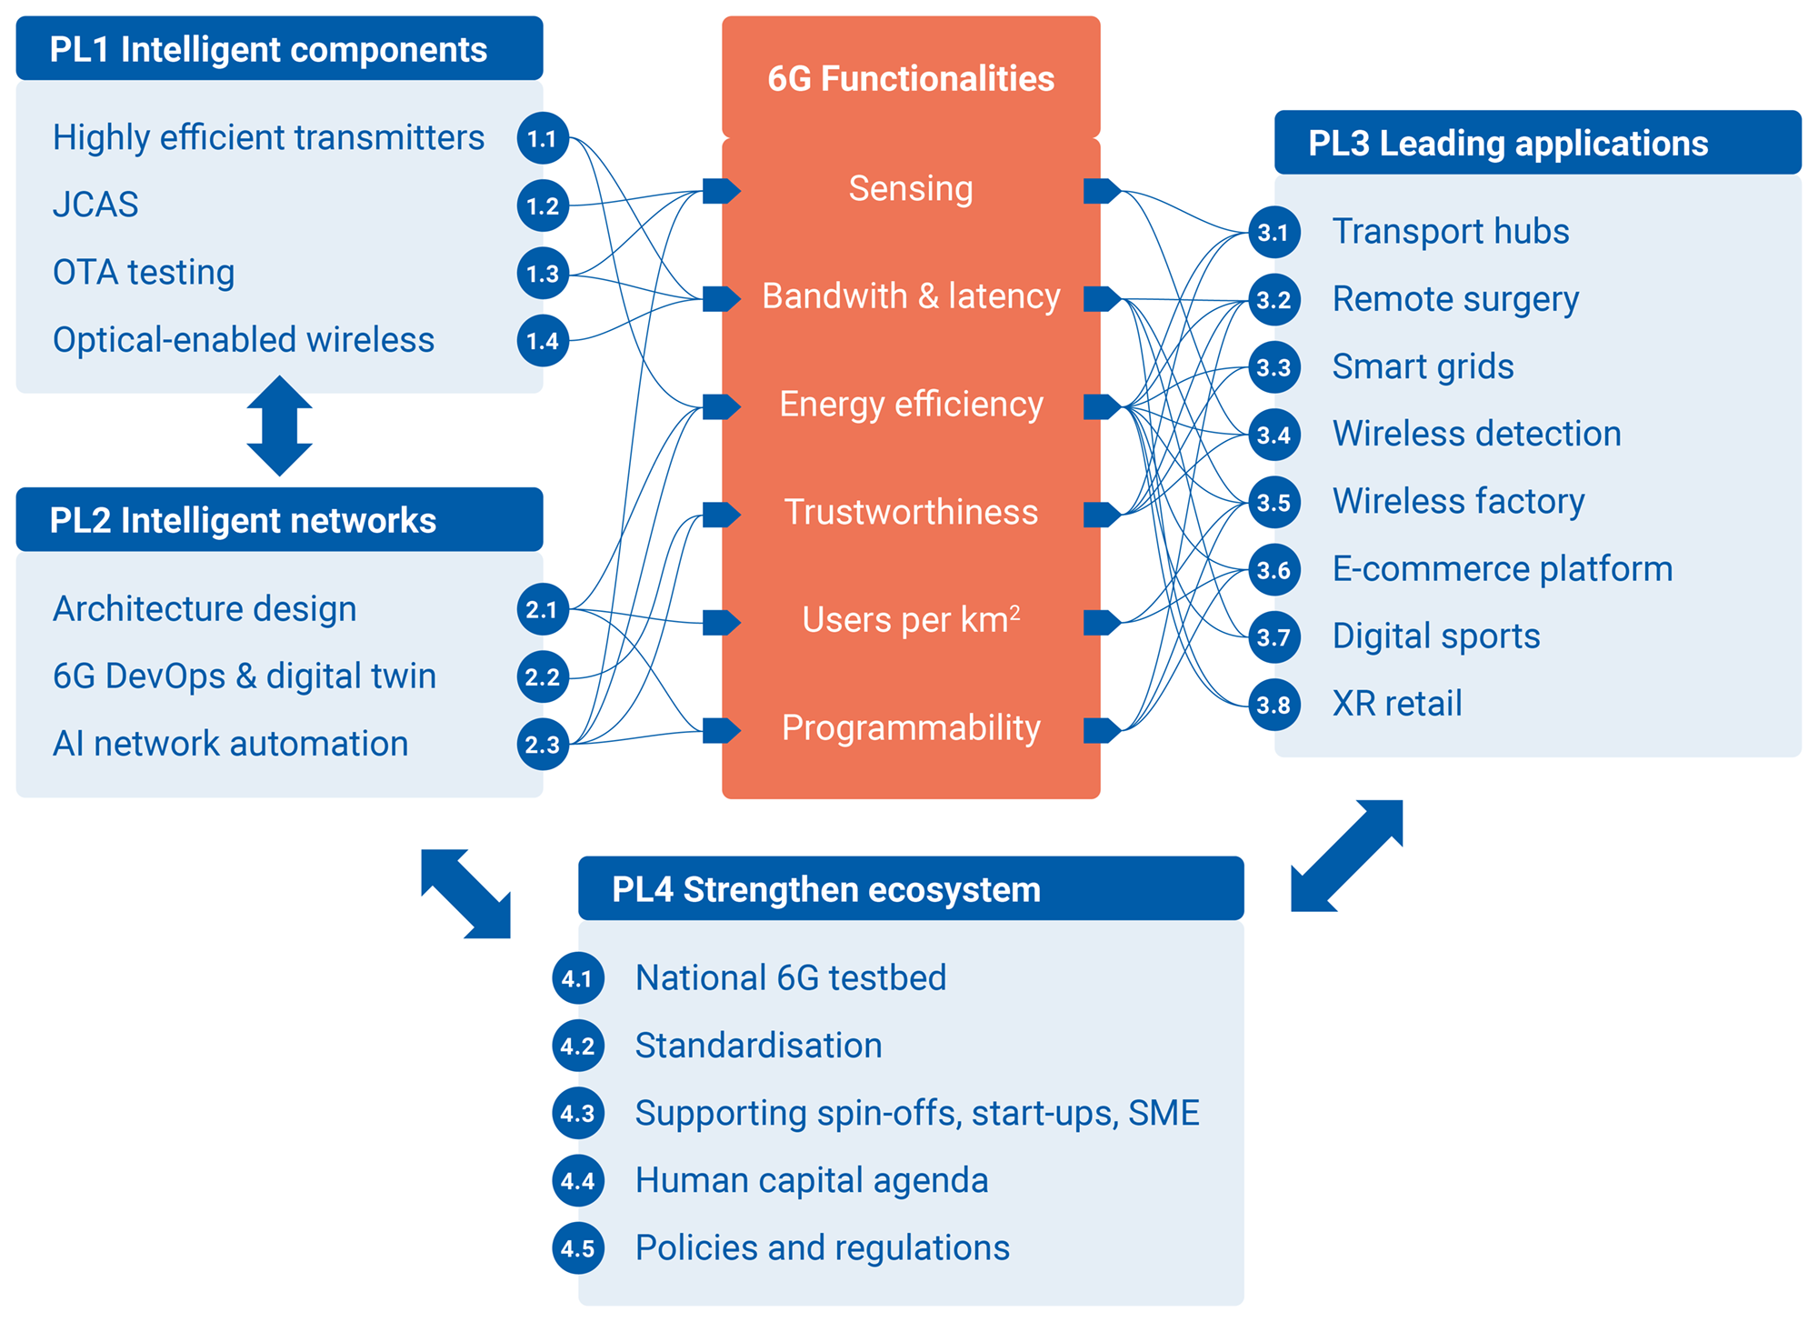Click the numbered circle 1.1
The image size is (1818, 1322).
point(543,138)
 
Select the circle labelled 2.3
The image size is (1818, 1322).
point(543,745)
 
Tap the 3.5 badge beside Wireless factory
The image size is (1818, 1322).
point(1274,502)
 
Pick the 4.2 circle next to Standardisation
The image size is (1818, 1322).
point(578,1046)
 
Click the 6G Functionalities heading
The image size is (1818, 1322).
point(911,79)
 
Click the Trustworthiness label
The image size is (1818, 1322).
point(911,512)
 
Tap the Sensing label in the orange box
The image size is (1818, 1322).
point(911,189)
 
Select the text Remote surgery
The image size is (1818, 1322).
point(1455,299)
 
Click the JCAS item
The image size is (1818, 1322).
point(95,205)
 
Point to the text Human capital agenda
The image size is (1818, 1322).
point(812,1180)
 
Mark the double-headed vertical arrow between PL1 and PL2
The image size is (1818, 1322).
point(280,426)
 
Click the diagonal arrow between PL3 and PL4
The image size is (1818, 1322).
point(1347,856)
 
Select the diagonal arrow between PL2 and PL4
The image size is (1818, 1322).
point(465,893)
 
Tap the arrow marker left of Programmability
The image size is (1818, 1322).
point(721,730)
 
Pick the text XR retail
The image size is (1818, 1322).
point(1397,704)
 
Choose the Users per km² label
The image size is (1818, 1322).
point(911,620)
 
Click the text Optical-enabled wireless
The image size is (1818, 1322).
point(244,340)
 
